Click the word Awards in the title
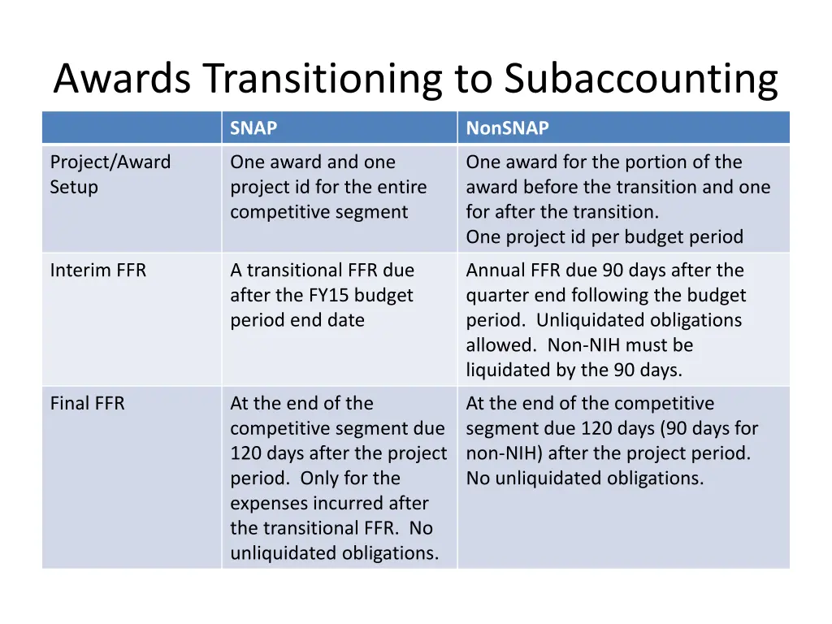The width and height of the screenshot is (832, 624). click(x=123, y=80)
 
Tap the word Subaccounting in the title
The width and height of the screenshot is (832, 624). click(x=640, y=80)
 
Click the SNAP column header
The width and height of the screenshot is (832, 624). click(x=253, y=128)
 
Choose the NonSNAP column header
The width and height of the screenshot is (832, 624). click(x=507, y=128)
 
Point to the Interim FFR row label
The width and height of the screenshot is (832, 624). click(x=98, y=271)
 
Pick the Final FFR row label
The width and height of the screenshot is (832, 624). click(x=88, y=404)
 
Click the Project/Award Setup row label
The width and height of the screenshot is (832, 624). click(x=110, y=175)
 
